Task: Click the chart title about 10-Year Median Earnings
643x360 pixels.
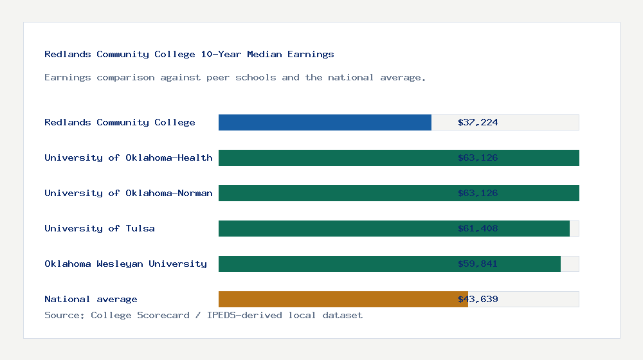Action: (189, 55)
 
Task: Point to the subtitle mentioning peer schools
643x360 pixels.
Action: (235, 78)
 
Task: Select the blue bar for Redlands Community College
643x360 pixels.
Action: (325, 122)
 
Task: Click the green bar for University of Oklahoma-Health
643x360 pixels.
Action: (334, 157)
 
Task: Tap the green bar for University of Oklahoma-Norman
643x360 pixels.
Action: (334, 193)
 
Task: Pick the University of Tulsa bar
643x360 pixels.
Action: (334, 228)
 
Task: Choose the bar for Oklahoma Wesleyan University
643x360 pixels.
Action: (334, 264)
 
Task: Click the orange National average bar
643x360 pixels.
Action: (334, 299)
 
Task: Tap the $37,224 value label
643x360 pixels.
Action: (478, 122)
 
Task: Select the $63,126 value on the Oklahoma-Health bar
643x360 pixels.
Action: (478, 157)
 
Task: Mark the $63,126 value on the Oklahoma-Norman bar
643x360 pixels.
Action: (478, 193)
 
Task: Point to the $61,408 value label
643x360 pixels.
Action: (478, 228)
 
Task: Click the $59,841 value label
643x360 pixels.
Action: (478, 264)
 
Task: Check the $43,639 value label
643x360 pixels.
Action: (478, 299)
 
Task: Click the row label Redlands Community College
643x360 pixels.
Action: (120, 122)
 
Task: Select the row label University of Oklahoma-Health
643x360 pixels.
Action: (128, 157)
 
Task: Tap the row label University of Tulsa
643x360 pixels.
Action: (100, 228)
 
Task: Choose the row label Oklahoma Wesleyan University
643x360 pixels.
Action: (125, 264)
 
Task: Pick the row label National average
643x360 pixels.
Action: (91, 299)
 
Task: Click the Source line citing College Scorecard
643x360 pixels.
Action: (203, 315)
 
